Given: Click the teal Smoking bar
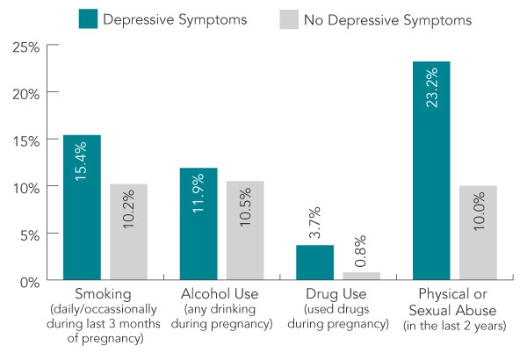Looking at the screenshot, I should (x=82, y=208).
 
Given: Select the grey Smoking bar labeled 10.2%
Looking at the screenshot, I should (x=128, y=233).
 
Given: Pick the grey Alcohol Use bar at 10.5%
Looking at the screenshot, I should (x=245, y=231).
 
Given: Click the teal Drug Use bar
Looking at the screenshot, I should (x=314, y=263).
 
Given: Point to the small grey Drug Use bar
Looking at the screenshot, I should (x=361, y=277).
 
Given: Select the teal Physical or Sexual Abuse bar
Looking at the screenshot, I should (x=430, y=171).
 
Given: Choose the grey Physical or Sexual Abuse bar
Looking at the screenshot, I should (x=477, y=234).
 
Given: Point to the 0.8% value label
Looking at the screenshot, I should (x=361, y=251).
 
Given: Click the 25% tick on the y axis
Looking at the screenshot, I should (x=26, y=45).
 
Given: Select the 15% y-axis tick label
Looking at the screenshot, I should (x=26, y=140).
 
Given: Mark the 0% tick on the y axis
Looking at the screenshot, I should (x=30, y=281).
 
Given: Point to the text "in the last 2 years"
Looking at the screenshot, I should (x=453, y=326).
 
